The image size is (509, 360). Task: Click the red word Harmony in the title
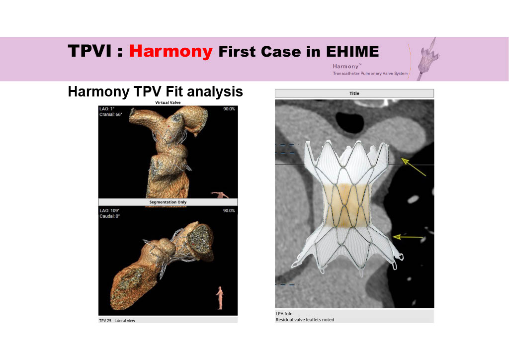tap(171, 51)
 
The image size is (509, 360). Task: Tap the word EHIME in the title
tap(352, 52)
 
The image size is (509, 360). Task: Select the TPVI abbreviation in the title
tap(89, 51)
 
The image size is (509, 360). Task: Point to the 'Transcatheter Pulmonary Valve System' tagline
tap(370, 74)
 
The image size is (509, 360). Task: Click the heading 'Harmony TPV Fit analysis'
tap(155, 91)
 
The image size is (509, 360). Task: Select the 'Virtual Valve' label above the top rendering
tap(168, 102)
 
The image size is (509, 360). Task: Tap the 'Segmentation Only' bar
tap(168, 202)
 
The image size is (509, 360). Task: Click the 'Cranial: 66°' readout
tap(111, 114)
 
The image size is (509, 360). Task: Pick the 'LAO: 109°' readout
tap(109, 211)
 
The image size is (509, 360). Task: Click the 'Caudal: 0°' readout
tap(110, 216)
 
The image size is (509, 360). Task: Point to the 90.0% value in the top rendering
tap(229, 109)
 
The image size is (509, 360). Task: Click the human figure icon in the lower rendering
tap(220, 298)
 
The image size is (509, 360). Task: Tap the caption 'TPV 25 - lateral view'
tap(117, 321)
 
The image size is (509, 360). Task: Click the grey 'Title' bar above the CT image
tap(354, 93)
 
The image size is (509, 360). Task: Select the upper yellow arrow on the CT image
tap(413, 167)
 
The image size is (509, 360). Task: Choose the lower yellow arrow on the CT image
tap(408, 237)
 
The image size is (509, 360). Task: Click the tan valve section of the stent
tap(346, 205)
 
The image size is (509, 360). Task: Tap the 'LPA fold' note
tap(284, 314)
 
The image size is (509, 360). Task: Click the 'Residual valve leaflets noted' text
tap(305, 320)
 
